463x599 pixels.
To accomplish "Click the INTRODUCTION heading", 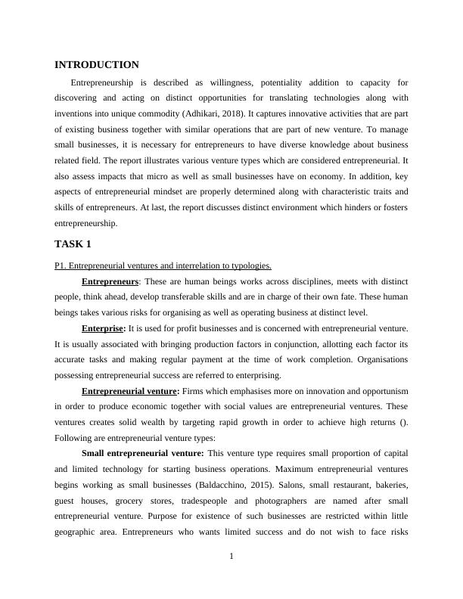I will pyautogui.click(x=97, y=65).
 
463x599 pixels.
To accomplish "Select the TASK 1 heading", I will pyautogui.click(x=73, y=244).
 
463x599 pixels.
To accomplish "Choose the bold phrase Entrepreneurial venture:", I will pyautogui.click(x=130, y=391).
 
